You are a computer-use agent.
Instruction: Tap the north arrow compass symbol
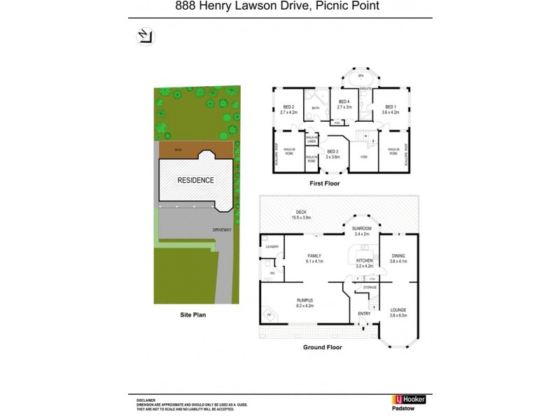[x=145, y=37]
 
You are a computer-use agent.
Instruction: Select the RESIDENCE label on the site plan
[x=195, y=180]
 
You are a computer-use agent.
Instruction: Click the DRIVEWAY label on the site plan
[x=223, y=229]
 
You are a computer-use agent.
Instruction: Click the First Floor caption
[x=324, y=183]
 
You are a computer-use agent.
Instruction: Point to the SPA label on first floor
[x=361, y=76]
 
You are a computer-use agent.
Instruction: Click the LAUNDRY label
[x=272, y=247]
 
